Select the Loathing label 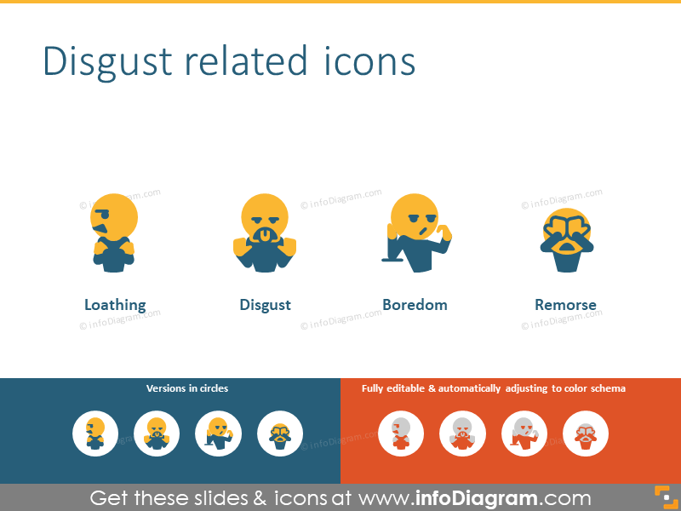click(115, 305)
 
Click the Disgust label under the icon click(265, 305)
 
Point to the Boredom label click(415, 305)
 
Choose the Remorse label click(565, 305)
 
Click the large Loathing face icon click(112, 232)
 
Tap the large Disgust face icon click(265, 233)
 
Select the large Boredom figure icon click(415, 233)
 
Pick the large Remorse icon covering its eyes click(565, 239)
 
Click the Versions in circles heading click(187, 388)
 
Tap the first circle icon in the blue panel click(95, 433)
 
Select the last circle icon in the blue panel click(279, 433)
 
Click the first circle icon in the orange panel click(401, 433)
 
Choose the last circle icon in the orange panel click(586, 433)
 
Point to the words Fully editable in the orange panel click(394, 388)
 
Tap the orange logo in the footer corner click(663, 497)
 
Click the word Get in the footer click(111, 498)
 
